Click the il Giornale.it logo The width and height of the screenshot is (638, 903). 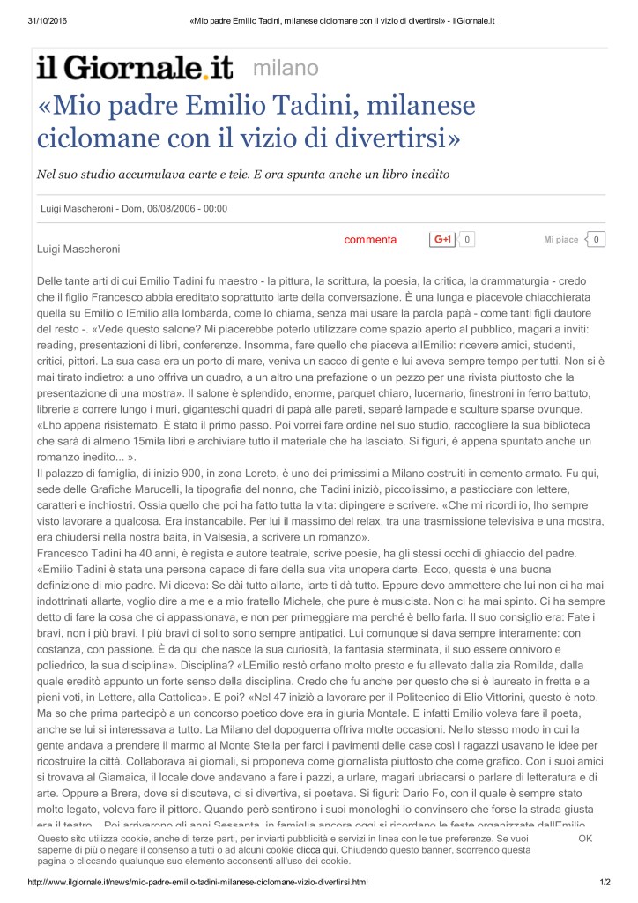pyautogui.click(x=133, y=68)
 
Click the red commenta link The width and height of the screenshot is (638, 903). pyautogui.click(x=370, y=240)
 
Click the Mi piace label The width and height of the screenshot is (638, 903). pyautogui.click(x=560, y=240)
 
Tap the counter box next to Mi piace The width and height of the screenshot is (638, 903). pyautogui.click(x=597, y=239)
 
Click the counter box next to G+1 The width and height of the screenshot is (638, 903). pyautogui.click(x=467, y=239)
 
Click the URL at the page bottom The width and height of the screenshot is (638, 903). pyautogui.click(x=198, y=881)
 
